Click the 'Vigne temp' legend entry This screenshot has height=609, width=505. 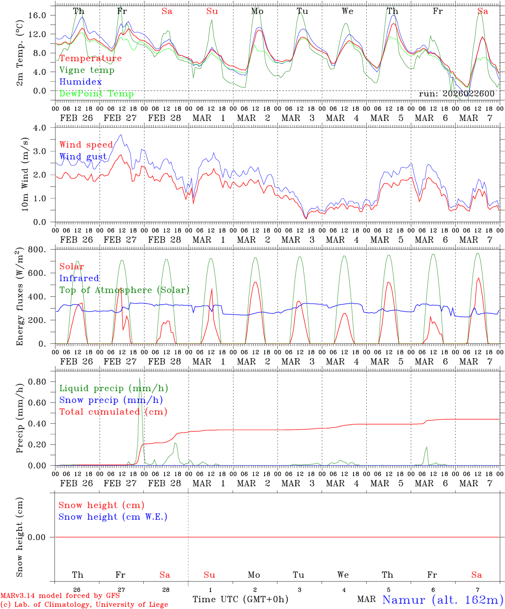[x=87, y=70]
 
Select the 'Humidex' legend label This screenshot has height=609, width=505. [x=80, y=82]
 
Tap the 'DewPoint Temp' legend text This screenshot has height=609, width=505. [x=96, y=94]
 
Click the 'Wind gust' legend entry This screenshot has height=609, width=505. [x=83, y=157]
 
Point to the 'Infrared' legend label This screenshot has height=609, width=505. [x=79, y=278]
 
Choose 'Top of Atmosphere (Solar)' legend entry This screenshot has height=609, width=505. [x=124, y=290]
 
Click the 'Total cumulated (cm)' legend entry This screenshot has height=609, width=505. [x=113, y=412]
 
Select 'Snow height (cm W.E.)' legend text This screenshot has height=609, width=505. [x=113, y=517]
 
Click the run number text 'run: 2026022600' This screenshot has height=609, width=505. [x=456, y=94]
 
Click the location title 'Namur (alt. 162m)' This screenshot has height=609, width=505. [x=442, y=600]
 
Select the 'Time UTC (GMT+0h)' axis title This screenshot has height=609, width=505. [x=240, y=599]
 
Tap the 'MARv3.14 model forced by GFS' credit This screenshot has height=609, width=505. [x=60, y=596]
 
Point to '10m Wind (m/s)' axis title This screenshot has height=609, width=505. [x=25, y=174]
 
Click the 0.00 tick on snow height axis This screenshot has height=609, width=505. [x=41, y=537]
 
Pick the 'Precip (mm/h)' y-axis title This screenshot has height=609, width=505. [x=19, y=418]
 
